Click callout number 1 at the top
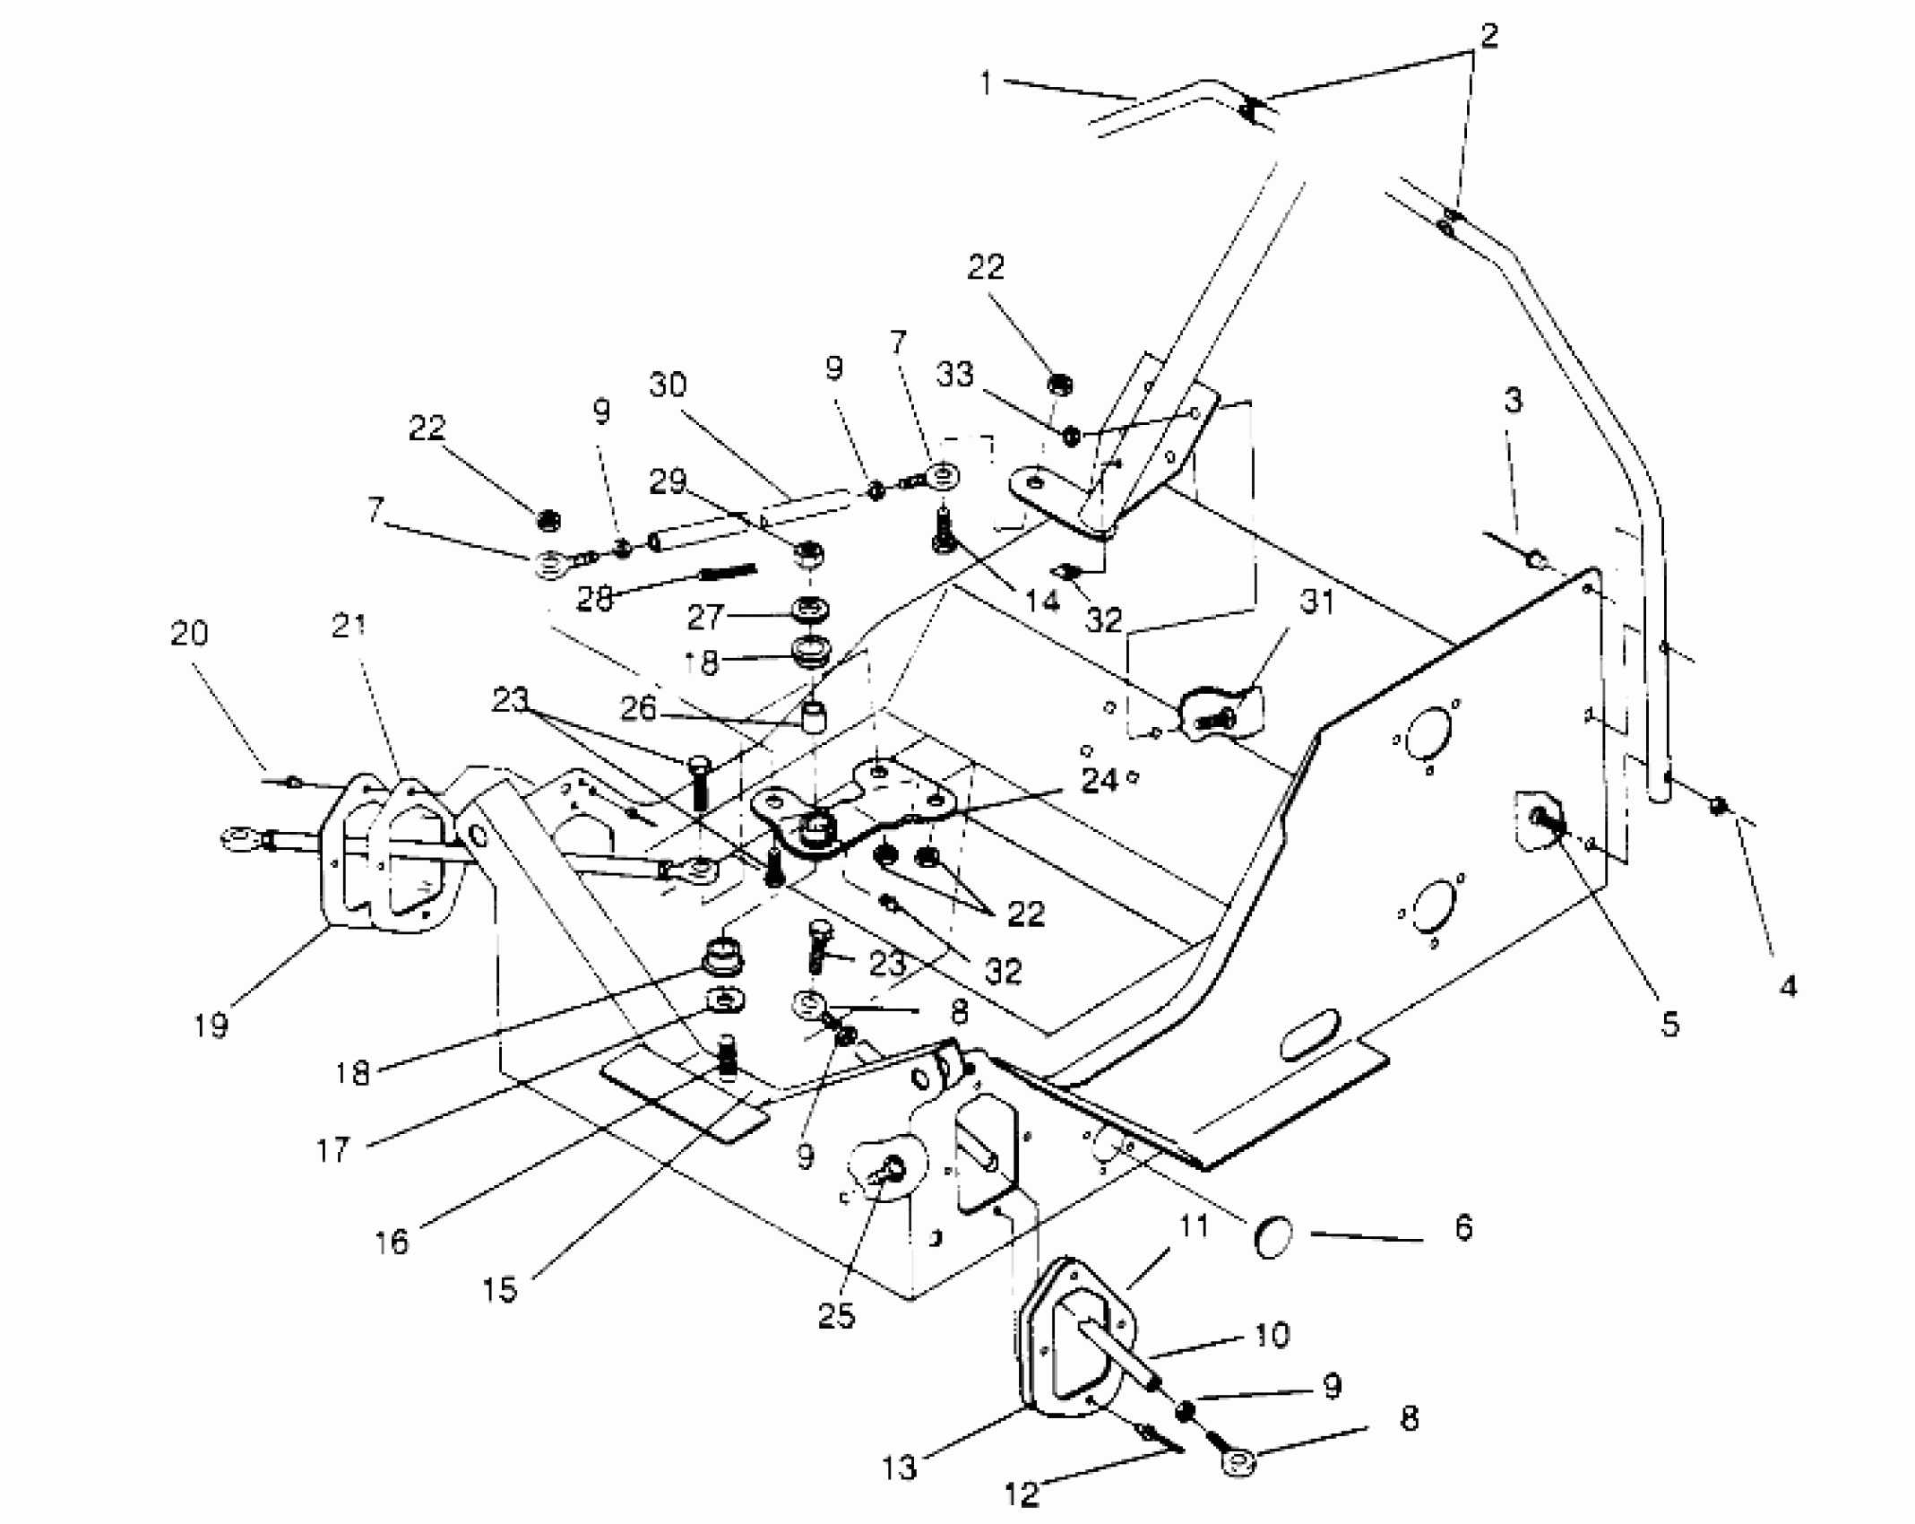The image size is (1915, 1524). tap(986, 83)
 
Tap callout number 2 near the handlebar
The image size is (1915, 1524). tap(1488, 37)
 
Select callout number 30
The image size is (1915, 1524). tap(668, 385)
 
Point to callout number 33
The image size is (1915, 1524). tap(955, 374)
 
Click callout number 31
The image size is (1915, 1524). tap(1318, 602)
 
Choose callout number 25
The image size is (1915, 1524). tap(836, 1316)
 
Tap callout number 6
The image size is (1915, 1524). tap(1463, 1227)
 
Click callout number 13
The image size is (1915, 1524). tap(900, 1467)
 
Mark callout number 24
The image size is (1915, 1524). tap(1100, 781)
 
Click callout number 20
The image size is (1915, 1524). tap(189, 634)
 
